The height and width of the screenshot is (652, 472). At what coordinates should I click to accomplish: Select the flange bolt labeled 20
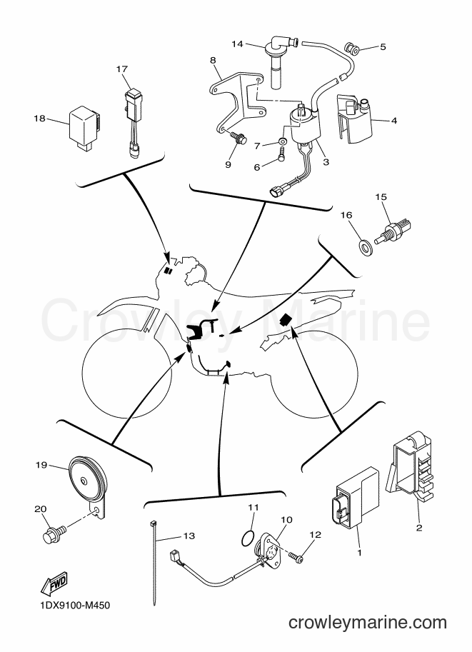(54, 533)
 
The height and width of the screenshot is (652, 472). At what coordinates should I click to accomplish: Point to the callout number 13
(189, 536)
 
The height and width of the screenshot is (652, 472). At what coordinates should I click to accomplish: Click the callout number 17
(122, 69)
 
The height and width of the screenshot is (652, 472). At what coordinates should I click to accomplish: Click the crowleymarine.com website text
(367, 623)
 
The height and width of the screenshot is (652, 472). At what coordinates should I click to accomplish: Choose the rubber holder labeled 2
(411, 466)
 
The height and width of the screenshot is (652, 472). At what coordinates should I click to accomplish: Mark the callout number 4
(393, 121)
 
